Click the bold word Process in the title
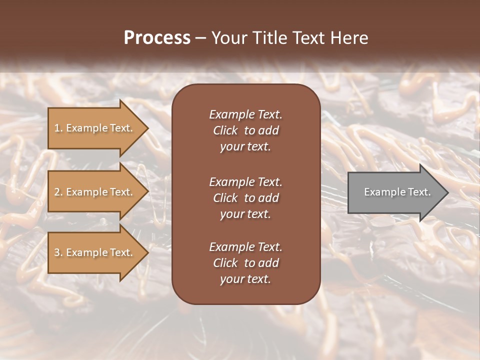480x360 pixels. click(x=157, y=38)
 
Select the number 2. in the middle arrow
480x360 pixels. click(x=58, y=192)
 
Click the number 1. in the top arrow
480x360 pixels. click(x=58, y=128)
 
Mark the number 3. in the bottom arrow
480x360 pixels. click(x=58, y=252)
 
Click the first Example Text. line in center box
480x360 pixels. click(x=245, y=114)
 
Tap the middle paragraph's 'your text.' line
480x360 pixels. click(x=245, y=214)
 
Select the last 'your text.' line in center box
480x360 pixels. click(x=245, y=279)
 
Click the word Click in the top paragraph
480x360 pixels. click(x=225, y=130)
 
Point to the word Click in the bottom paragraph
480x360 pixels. click(x=225, y=263)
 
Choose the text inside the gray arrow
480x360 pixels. click(x=397, y=192)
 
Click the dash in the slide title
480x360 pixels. click(x=200, y=38)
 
